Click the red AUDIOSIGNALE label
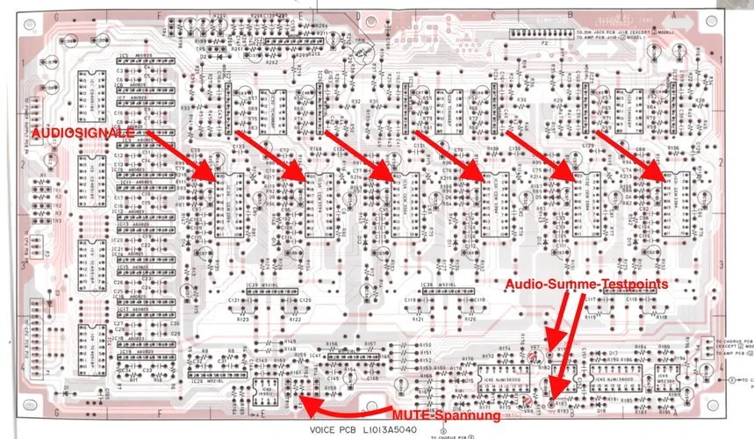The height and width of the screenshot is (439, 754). pyautogui.click(x=83, y=132)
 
